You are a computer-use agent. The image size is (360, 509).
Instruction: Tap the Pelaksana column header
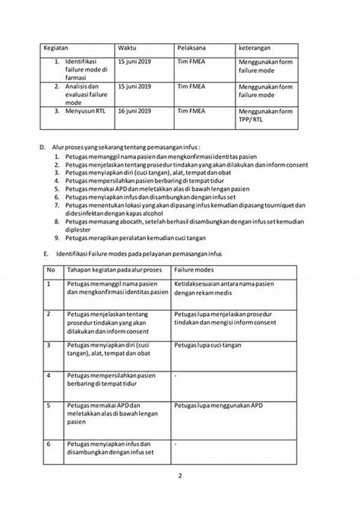(x=191, y=47)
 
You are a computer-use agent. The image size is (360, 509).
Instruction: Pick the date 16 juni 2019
(x=135, y=110)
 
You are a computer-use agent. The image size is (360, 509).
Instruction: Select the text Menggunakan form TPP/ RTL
(x=266, y=115)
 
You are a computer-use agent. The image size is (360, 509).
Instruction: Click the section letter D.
(x=44, y=146)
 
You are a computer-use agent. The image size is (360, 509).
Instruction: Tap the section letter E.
(x=46, y=254)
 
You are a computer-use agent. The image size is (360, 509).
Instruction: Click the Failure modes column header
(x=195, y=270)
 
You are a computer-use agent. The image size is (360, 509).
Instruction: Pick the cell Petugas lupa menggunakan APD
(x=218, y=405)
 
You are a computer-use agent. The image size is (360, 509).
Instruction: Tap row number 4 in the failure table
(x=49, y=375)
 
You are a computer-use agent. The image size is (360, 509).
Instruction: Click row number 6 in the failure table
(x=49, y=444)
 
